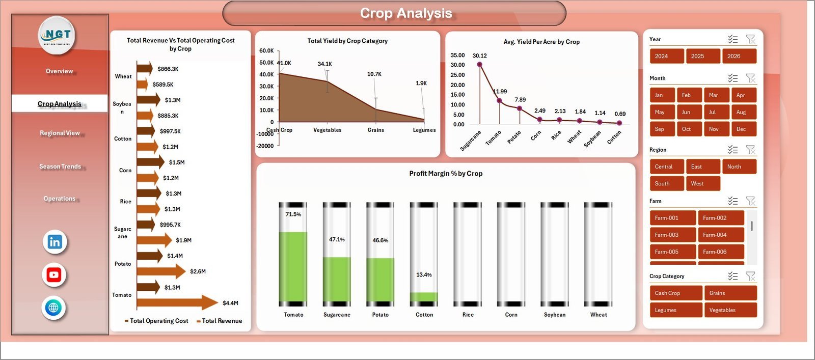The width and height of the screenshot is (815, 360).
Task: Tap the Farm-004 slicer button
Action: [x=720, y=235]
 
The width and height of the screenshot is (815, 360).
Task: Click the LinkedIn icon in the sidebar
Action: [x=55, y=242]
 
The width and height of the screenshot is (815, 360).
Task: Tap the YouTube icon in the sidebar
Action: [x=54, y=275]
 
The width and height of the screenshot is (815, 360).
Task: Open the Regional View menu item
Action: [x=60, y=133]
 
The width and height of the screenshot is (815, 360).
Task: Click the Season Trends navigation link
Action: [x=60, y=167]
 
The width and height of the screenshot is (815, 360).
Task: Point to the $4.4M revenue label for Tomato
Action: [x=230, y=303]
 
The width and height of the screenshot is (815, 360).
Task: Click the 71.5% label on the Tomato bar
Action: [x=293, y=214]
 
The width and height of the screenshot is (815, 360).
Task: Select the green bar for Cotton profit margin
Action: [x=424, y=297]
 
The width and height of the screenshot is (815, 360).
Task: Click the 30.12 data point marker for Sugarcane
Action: [x=479, y=65]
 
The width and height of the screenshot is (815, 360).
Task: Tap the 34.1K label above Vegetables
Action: [x=324, y=64]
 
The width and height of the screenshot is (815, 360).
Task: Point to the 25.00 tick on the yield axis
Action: [x=457, y=75]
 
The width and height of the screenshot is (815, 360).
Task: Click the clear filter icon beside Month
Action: [x=750, y=78]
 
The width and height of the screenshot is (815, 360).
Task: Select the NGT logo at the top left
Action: [x=57, y=35]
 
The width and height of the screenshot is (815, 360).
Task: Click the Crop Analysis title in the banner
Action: [x=406, y=13]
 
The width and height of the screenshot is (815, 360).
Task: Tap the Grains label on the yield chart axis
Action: [x=376, y=130]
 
